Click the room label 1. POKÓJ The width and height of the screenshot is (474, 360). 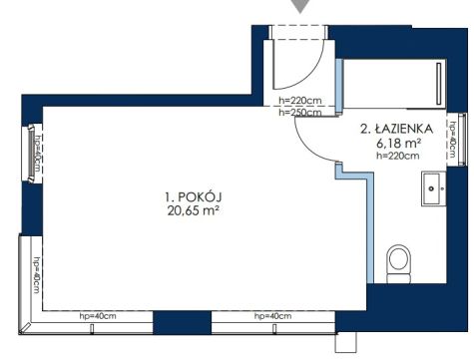click(194, 197)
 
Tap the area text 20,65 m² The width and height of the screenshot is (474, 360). click(193, 211)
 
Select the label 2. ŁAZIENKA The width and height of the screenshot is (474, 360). click(397, 129)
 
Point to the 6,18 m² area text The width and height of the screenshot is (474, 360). click(399, 143)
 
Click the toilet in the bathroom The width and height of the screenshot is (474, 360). click(399, 264)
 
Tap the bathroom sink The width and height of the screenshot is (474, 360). click(434, 188)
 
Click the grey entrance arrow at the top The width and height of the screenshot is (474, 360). click(300, 6)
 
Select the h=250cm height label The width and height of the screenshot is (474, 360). click(300, 113)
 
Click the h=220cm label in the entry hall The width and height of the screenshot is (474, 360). click(300, 100)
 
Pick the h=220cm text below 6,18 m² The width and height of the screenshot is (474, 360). click(398, 156)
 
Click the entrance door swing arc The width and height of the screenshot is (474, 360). click(311, 74)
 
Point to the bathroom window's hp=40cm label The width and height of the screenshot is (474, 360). click(452, 140)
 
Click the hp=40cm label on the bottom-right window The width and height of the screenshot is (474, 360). click(272, 316)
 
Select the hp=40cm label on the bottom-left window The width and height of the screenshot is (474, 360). click(98, 316)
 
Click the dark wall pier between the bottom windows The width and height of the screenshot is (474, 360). click(182, 322)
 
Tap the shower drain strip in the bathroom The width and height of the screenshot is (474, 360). click(439, 84)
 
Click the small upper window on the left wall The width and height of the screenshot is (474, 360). click(32, 154)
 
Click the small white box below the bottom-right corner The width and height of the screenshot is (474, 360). click(345, 342)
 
